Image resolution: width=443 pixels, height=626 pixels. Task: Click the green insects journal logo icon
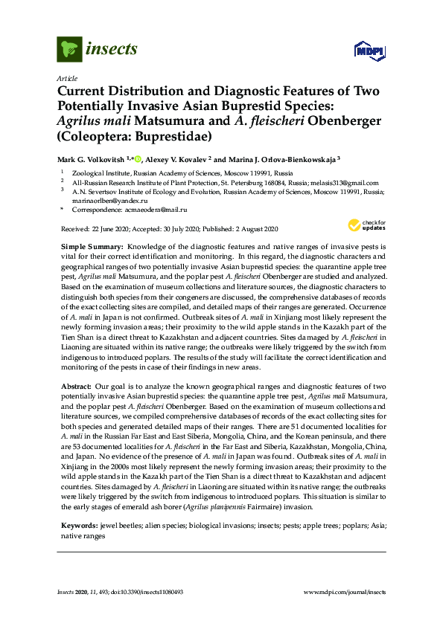(x=69, y=49)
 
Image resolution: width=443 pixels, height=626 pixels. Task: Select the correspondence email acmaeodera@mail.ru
(x=158, y=210)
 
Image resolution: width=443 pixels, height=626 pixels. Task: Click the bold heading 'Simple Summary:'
(x=92, y=245)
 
